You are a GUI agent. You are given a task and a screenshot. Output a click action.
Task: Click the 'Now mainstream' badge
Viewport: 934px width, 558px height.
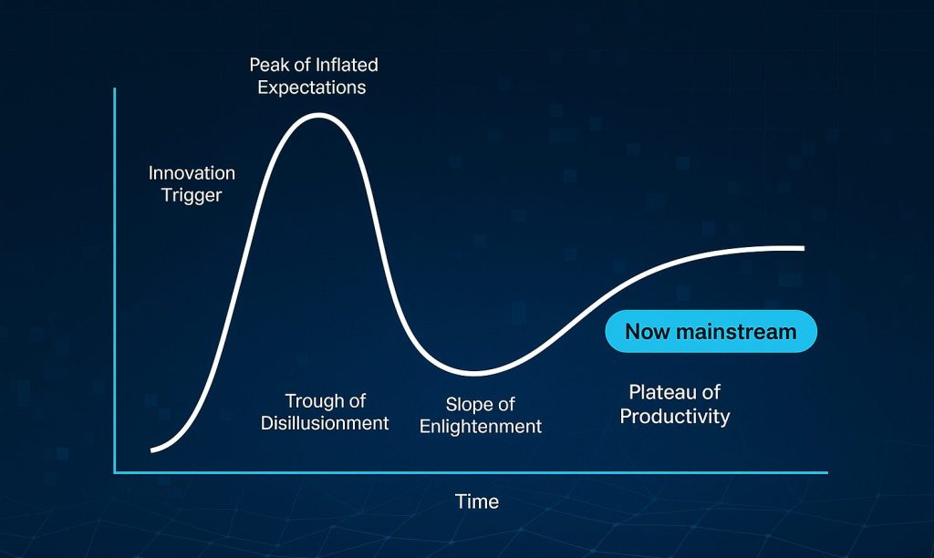pos(711,332)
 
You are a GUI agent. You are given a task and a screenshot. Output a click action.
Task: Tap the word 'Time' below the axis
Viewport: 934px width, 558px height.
pos(477,501)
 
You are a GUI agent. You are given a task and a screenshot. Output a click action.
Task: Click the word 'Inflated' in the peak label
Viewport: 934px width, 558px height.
pos(346,66)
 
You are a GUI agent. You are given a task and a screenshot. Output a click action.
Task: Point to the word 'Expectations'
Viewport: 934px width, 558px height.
pos(311,88)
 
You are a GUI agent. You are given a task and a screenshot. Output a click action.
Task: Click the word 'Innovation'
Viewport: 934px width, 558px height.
pos(192,173)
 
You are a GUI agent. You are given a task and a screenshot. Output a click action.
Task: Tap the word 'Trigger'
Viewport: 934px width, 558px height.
pos(192,195)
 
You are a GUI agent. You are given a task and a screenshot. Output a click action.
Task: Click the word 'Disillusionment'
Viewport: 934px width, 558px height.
pos(325,423)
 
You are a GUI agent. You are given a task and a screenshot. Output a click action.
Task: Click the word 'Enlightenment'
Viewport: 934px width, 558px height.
pos(481,427)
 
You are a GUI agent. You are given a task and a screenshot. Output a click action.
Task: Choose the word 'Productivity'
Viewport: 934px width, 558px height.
pos(675,417)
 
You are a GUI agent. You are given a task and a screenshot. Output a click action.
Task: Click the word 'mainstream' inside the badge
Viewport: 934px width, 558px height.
pos(737,332)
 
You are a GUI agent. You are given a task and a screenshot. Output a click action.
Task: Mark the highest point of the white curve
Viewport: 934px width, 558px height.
pos(317,115)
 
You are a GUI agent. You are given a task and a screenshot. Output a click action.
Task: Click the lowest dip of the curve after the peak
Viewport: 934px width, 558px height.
pos(474,372)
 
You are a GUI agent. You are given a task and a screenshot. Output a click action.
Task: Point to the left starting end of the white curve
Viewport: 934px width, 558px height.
pos(152,449)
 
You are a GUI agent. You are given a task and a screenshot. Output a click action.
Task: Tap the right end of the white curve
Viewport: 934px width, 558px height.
pos(803,248)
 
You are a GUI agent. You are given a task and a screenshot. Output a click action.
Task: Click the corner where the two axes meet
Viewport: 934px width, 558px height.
pos(115,472)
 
